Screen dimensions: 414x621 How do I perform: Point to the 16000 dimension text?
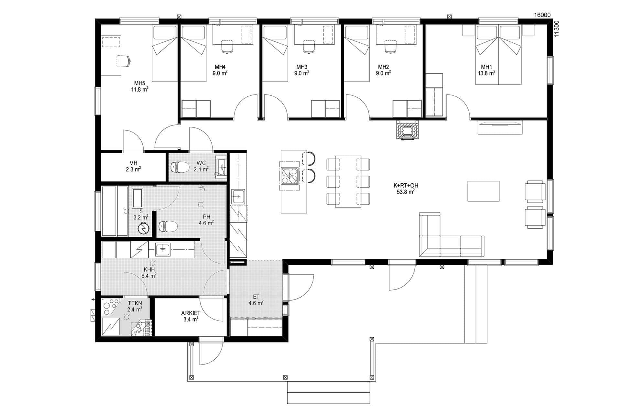point(542,15)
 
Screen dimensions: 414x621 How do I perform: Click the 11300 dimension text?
point(556,29)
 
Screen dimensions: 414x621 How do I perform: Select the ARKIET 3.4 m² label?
point(191,316)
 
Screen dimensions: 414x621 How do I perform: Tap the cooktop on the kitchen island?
point(290,176)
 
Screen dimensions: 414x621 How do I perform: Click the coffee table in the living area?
point(483,191)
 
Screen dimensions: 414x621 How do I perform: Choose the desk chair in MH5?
point(124,61)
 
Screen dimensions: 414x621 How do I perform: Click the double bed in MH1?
point(498,55)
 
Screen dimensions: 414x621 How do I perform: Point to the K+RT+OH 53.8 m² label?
point(406,189)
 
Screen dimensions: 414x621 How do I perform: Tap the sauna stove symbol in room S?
point(143,229)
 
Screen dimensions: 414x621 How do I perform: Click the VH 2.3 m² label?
point(133,166)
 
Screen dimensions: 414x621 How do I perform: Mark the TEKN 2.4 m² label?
point(135,306)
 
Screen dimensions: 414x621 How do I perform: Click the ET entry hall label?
point(256,300)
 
